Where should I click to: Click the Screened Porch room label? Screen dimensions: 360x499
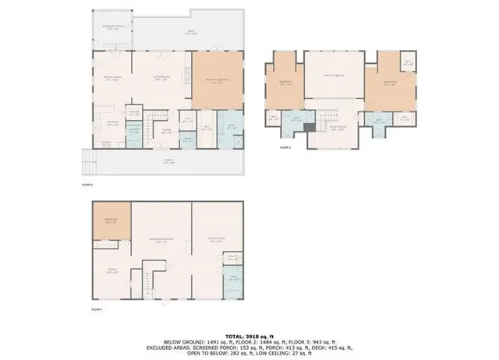(112, 26)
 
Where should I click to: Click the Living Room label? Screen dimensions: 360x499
(161, 79)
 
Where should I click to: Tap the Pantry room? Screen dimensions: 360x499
(133, 114)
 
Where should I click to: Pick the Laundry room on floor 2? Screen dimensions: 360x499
(133, 132)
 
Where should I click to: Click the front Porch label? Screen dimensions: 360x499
(168, 162)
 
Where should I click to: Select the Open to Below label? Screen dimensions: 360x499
(334, 75)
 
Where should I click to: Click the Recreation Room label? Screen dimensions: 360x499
(161, 242)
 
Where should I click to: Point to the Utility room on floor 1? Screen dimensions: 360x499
(232, 256)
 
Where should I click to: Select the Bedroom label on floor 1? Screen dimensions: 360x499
(111, 221)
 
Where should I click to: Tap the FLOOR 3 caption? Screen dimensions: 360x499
(285, 146)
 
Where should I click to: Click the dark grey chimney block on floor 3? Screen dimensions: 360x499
(310, 125)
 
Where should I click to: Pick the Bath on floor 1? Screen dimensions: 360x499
(232, 278)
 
